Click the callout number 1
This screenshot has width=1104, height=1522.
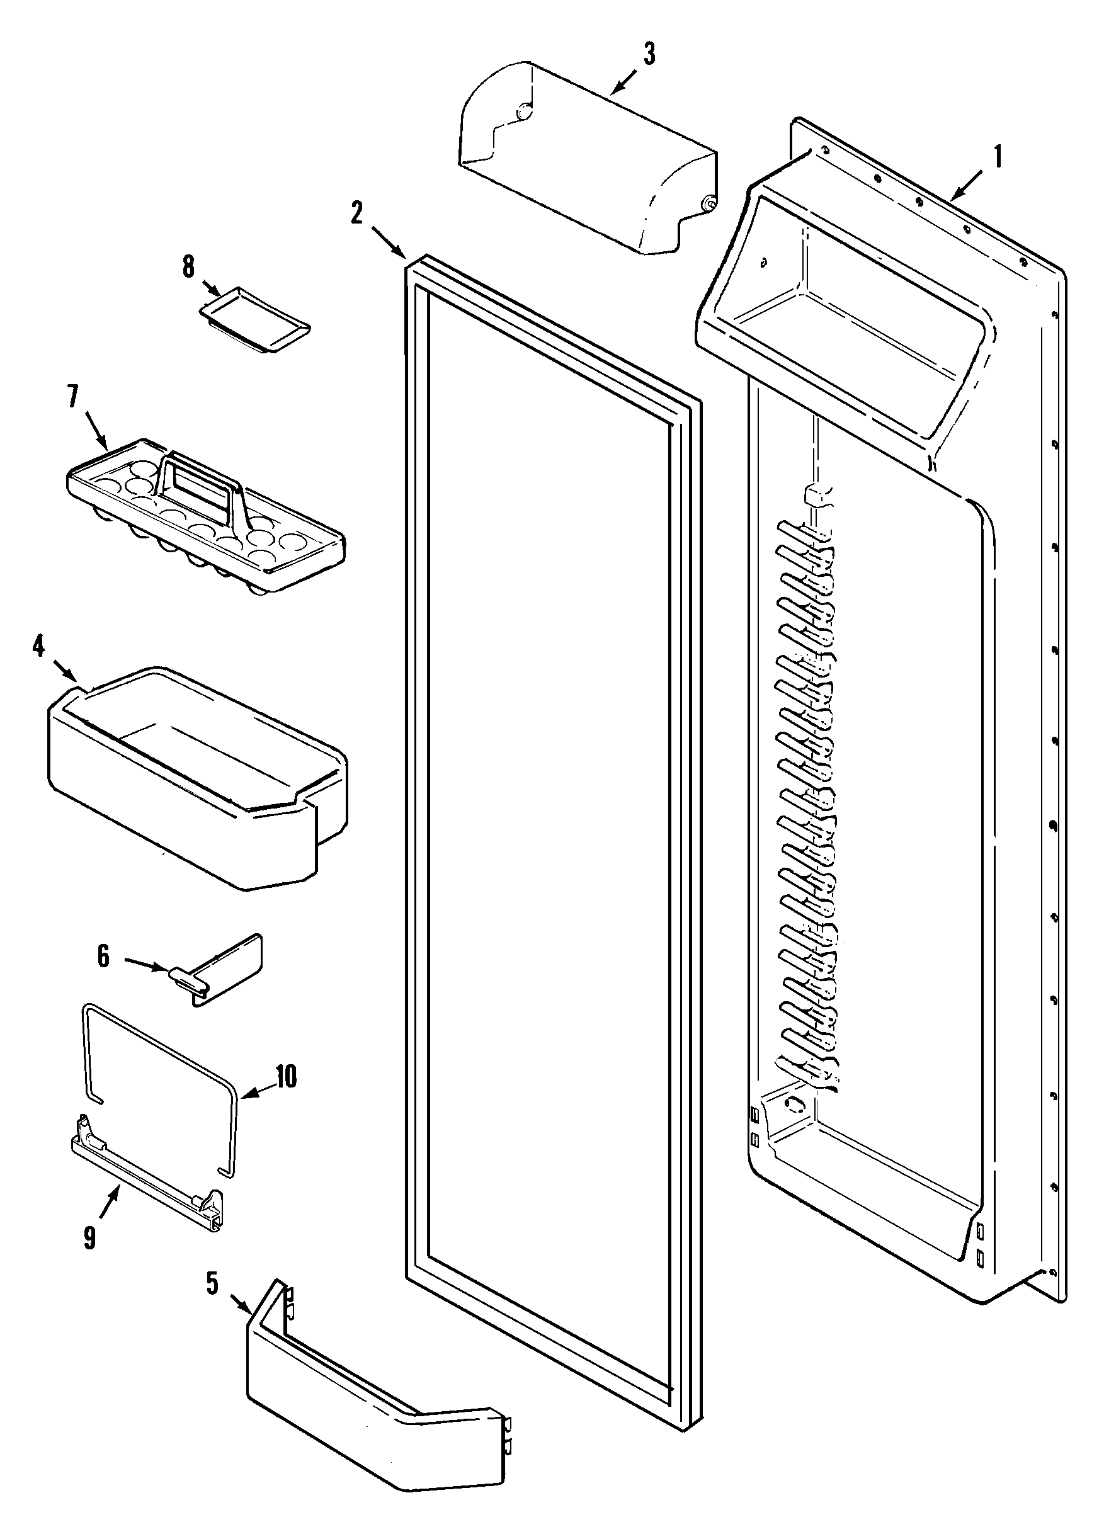[998, 156]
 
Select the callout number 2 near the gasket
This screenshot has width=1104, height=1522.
[356, 213]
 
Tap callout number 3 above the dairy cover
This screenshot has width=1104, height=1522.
[649, 54]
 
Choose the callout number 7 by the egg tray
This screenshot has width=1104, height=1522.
[72, 397]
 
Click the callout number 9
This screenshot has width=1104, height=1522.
[90, 1237]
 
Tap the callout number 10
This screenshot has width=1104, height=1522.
[286, 1076]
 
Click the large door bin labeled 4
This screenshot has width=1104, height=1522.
[195, 778]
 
